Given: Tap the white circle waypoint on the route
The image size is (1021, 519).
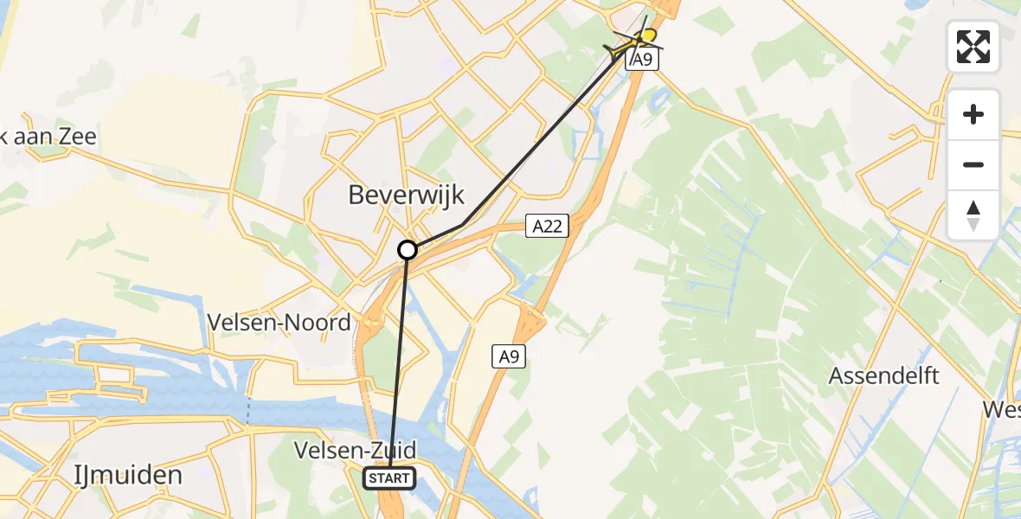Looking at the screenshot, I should tap(408, 250).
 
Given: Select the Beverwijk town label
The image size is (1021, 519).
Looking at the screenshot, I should tap(407, 195).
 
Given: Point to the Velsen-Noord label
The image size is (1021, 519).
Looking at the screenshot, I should tap(279, 323).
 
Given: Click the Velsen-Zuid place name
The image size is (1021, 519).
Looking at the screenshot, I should tap(355, 450).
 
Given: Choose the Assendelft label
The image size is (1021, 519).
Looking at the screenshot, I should tap(883, 375).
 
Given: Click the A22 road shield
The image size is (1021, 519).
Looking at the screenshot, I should tap(548, 227).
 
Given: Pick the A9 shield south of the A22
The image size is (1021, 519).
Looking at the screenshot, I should tap(510, 356).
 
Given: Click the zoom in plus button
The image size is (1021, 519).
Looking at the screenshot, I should tap(973, 114).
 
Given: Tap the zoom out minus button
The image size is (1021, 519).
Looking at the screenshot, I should tap(973, 164).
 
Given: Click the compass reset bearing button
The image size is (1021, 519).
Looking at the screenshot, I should tap(973, 215).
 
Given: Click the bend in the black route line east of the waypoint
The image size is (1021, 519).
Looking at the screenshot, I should tap(463, 225).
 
